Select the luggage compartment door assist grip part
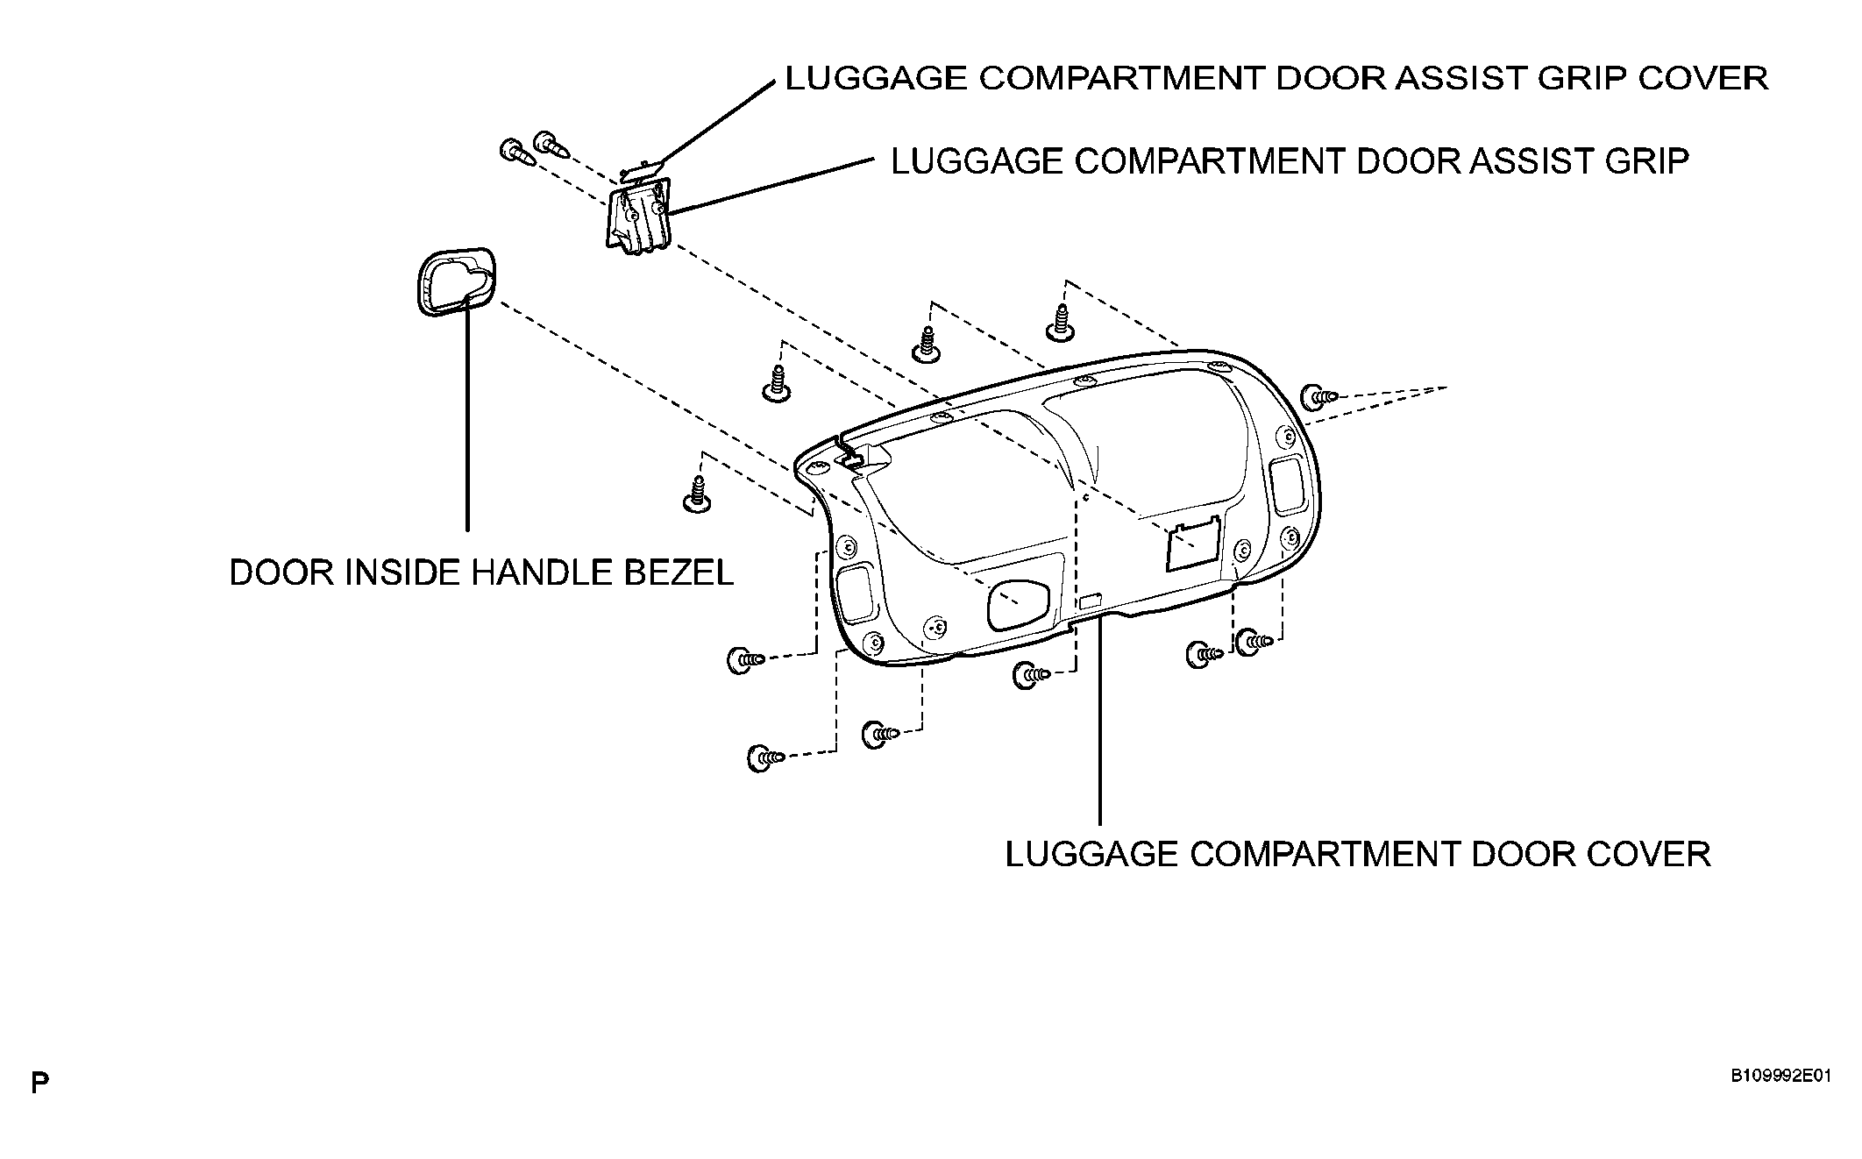click(637, 216)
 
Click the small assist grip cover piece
click(641, 167)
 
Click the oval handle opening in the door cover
click(1018, 606)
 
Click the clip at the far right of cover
click(1318, 397)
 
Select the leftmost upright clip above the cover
click(698, 494)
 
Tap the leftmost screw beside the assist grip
click(515, 153)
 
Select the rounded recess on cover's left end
click(856, 594)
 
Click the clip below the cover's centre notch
click(1030, 675)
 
